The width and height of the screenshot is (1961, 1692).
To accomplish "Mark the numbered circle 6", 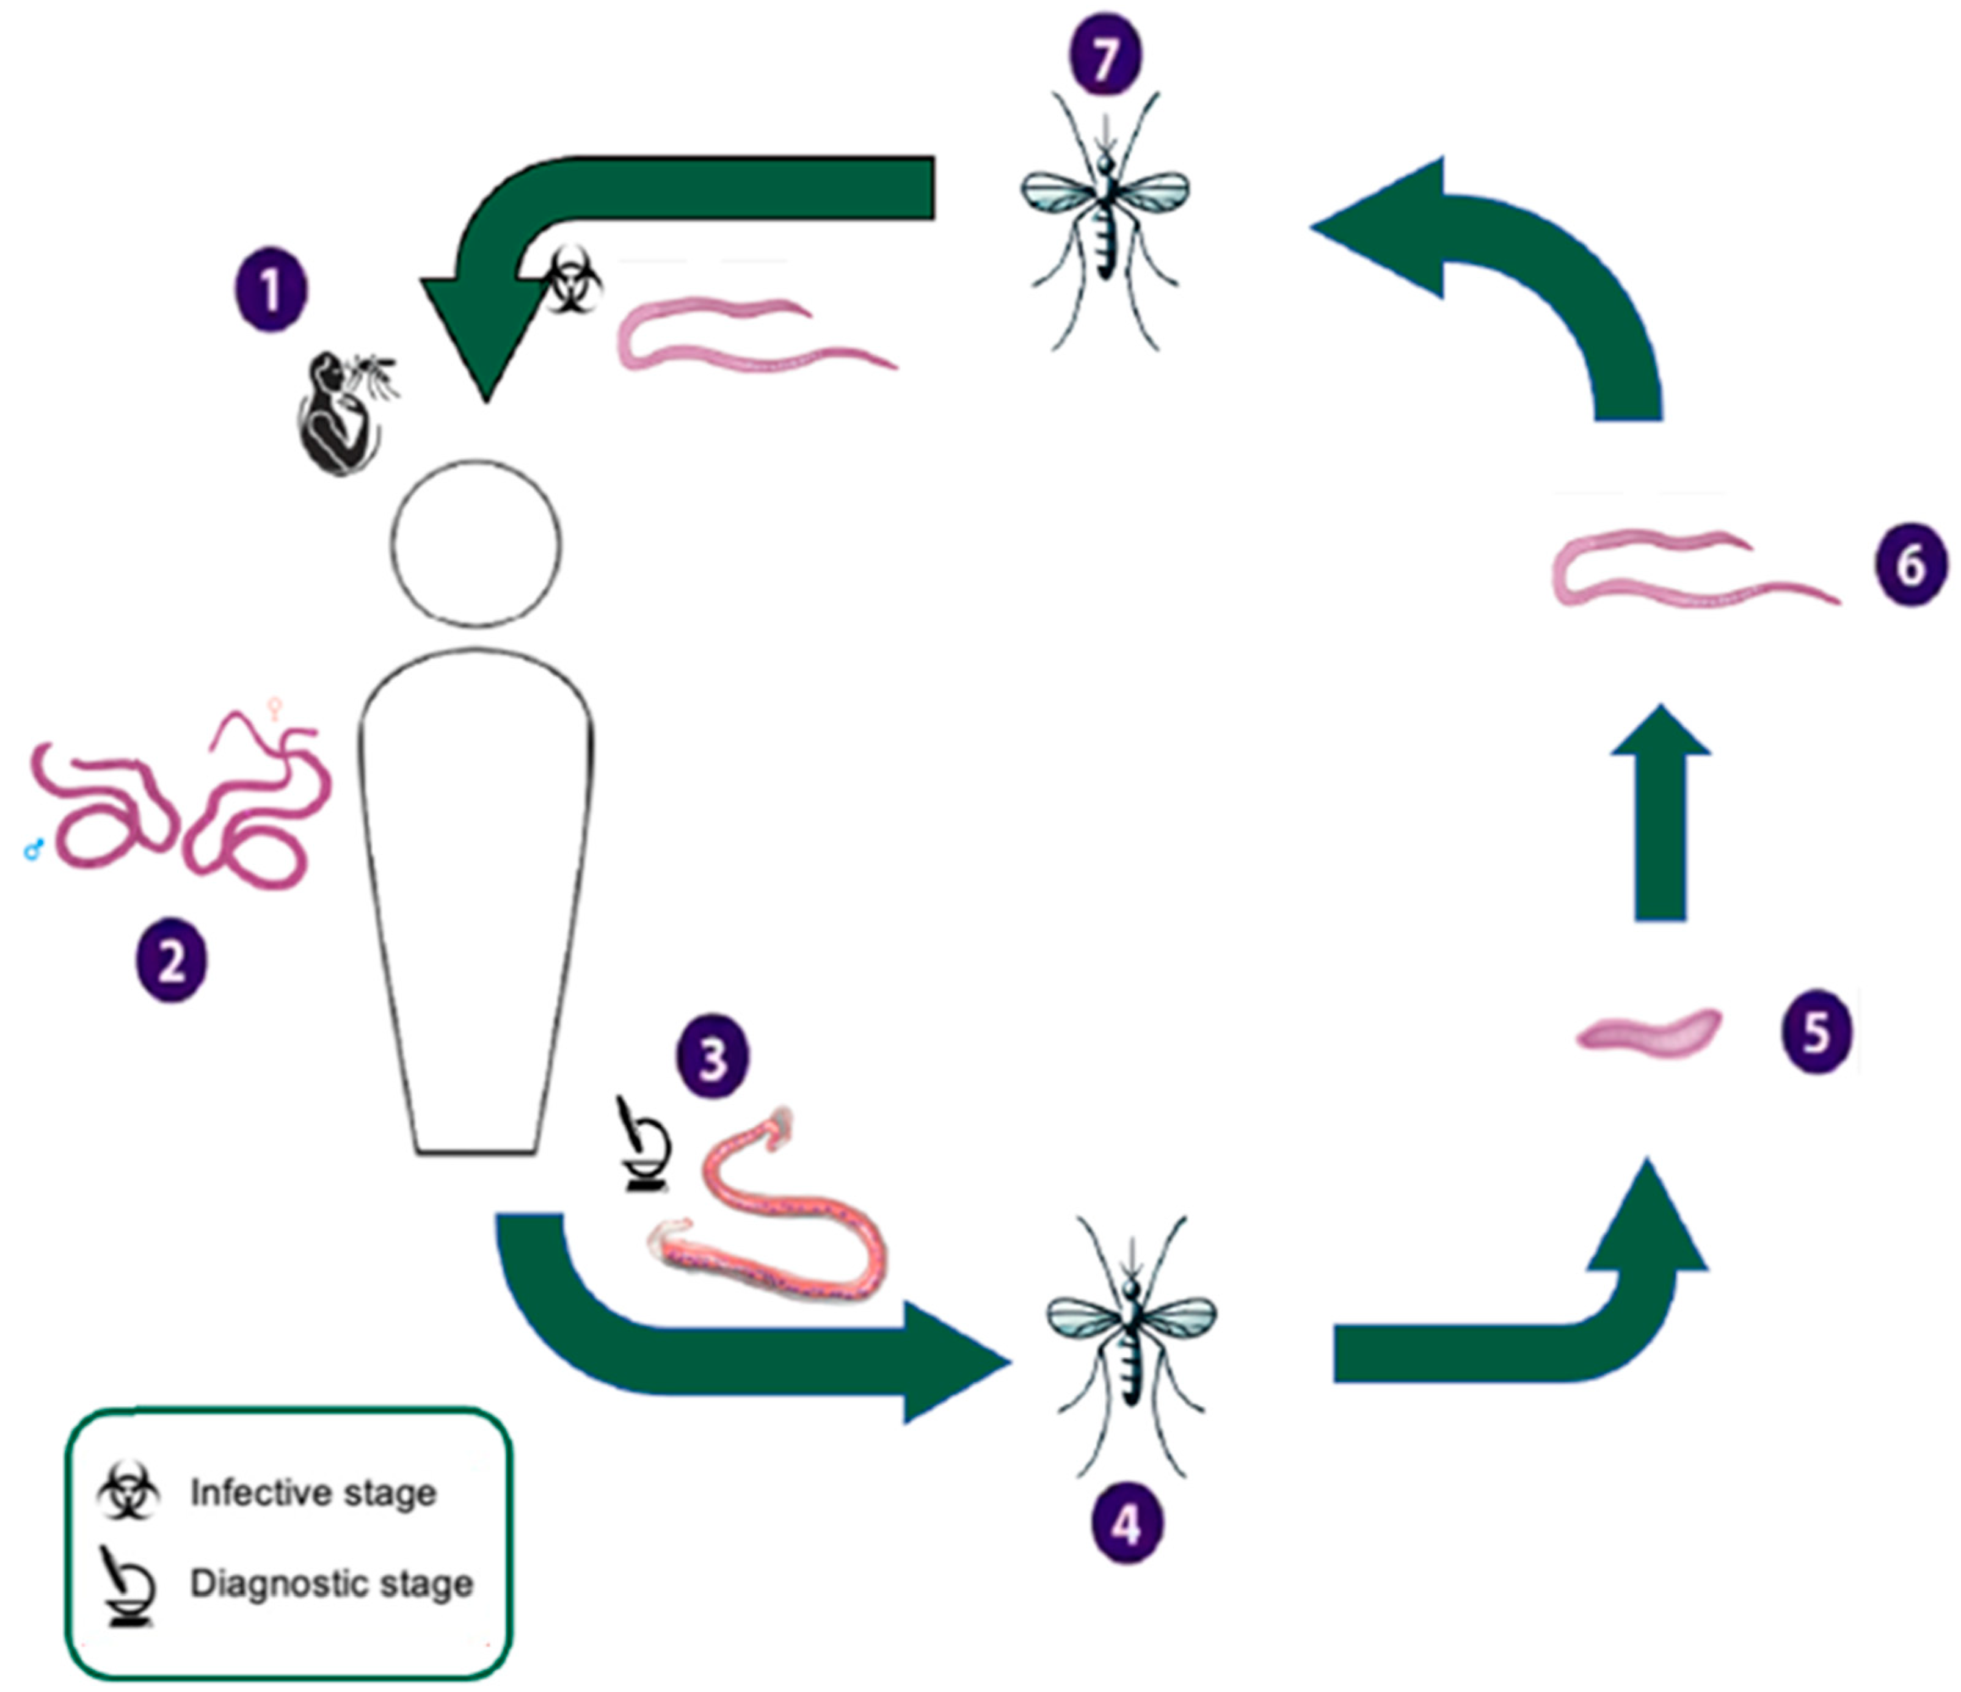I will coord(1910,566).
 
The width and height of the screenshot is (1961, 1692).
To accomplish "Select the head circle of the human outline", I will coord(476,543).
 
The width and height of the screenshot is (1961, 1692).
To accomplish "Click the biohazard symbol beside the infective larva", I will coord(572,281).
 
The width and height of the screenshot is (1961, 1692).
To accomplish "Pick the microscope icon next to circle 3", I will coord(646,1144).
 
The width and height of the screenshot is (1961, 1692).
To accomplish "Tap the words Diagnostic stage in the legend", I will coord(331,1583).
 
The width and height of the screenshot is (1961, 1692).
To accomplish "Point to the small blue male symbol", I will coord(34,851).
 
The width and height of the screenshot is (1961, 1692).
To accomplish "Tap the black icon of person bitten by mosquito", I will coord(343,411).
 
